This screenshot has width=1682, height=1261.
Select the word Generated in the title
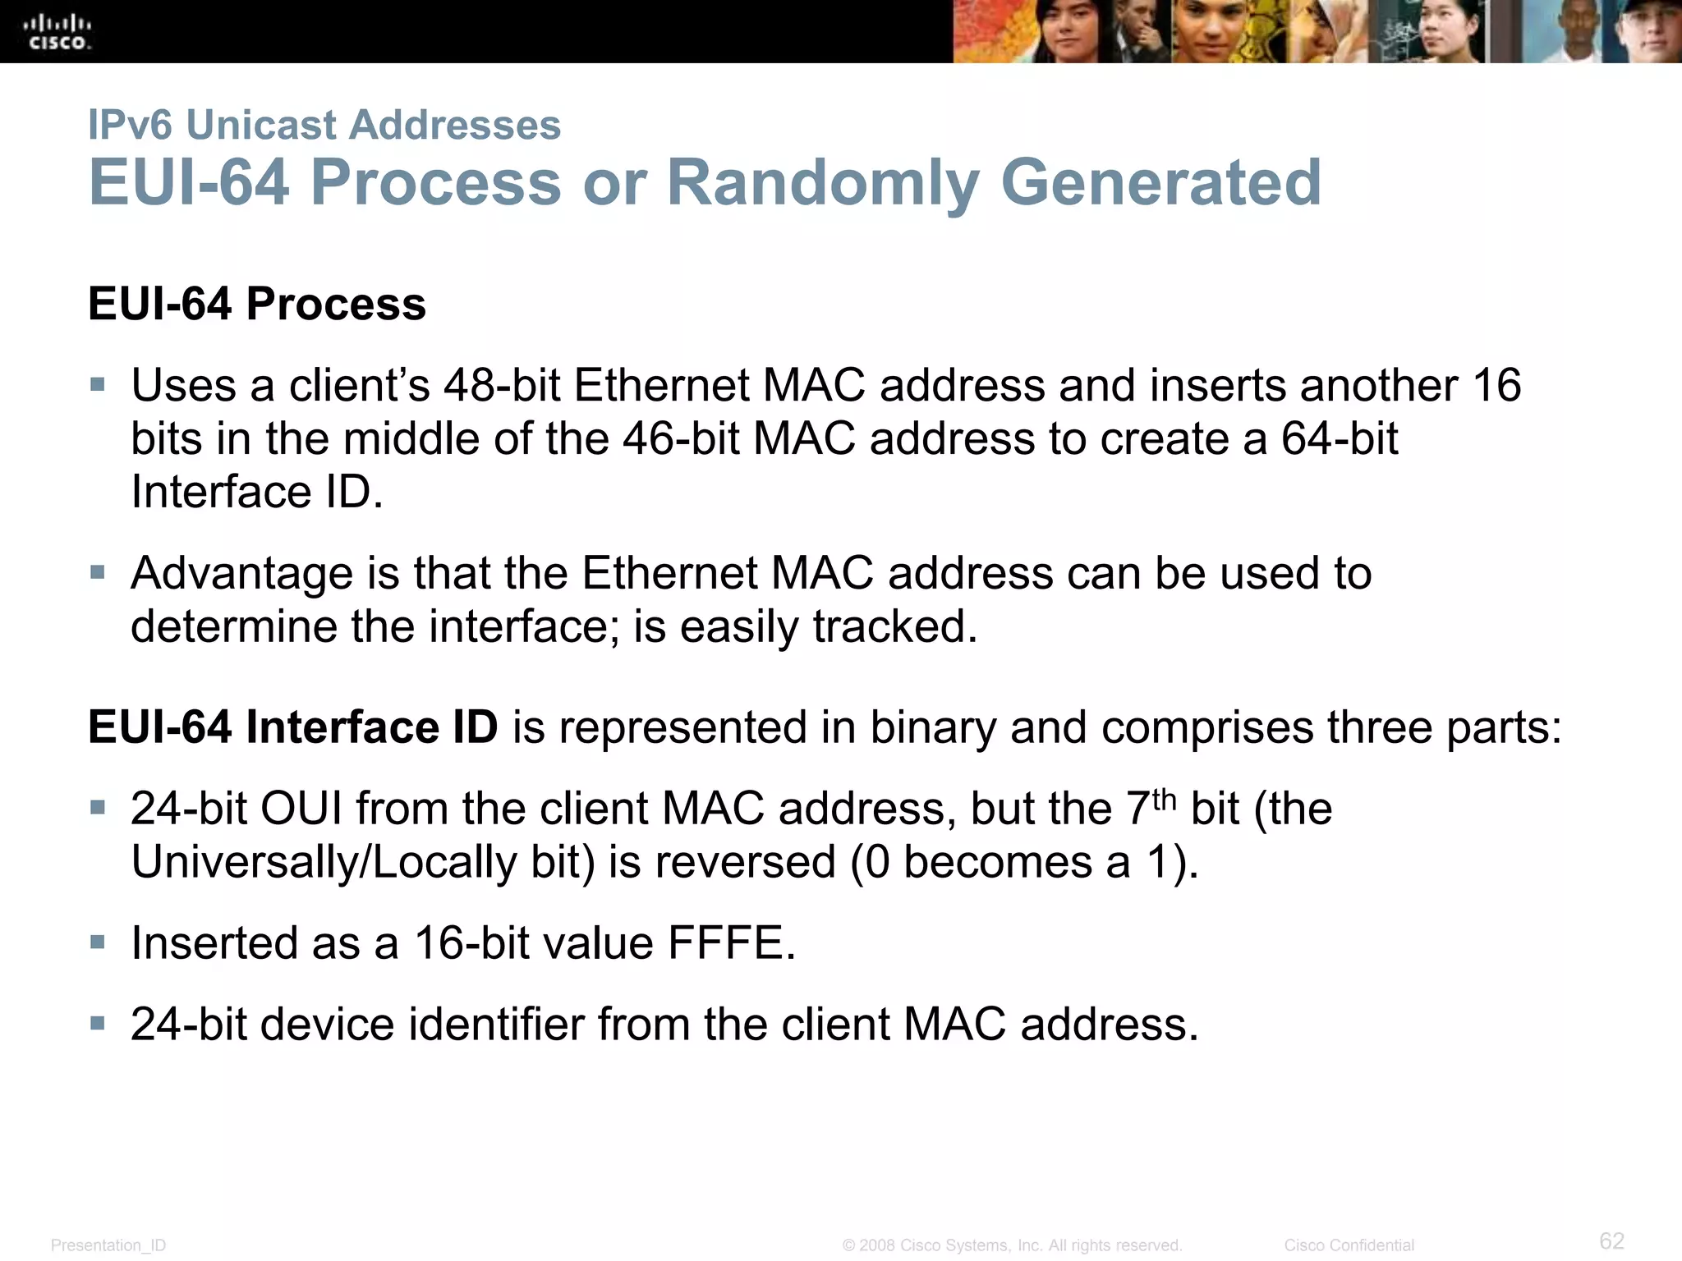pyautogui.click(x=1161, y=182)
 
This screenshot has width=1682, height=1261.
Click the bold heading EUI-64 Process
pyautogui.click(x=257, y=304)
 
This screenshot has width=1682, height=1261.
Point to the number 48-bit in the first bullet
pyautogui.click(x=501, y=385)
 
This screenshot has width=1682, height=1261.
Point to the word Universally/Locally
pyautogui.click(x=324, y=862)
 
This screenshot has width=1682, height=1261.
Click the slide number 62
pyautogui.click(x=1611, y=1240)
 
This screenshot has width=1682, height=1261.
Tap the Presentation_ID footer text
pyautogui.click(x=108, y=1245)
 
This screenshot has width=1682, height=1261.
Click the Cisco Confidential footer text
pyautogui.click(x=1349, y=1245)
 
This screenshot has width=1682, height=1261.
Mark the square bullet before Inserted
pyautogui.click(x=98, y=942)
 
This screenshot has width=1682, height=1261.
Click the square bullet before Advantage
pyautogui.click(x=98, y=572)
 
